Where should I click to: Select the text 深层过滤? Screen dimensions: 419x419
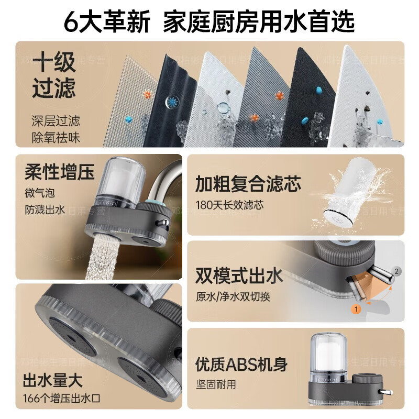tap(56, 122)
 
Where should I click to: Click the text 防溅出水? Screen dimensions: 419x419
tap(45, 210)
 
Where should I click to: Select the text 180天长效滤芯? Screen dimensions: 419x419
tap(229, 205)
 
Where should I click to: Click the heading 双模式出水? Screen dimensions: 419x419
tap(239, 276)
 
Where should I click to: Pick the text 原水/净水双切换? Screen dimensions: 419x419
tap(233, 296)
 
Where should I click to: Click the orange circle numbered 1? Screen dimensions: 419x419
tap(357, 309)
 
